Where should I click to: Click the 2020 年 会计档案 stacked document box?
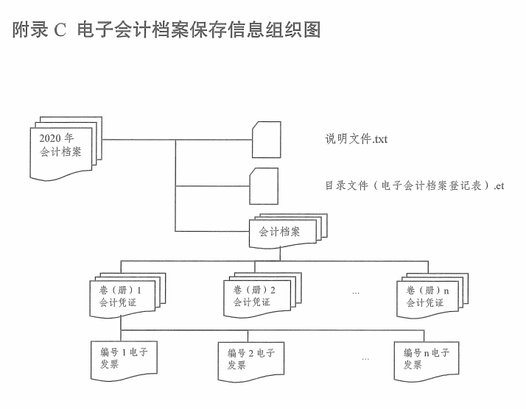61,147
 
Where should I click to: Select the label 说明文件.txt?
357,139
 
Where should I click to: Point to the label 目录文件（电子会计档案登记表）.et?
415,186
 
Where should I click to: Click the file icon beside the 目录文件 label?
264,186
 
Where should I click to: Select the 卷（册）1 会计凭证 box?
118,296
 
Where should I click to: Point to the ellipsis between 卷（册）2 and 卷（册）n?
356,293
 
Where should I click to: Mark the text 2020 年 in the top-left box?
57,138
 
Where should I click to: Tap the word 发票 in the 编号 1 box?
110,365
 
